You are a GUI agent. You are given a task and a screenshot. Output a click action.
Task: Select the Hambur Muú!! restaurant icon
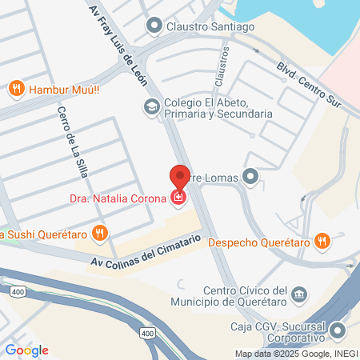15,87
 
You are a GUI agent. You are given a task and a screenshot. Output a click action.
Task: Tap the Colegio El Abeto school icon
150,106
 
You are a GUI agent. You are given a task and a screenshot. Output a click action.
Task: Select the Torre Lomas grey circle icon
252,176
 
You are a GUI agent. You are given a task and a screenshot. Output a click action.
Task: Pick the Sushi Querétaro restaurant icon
99,234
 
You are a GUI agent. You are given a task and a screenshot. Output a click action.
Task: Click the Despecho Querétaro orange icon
321,240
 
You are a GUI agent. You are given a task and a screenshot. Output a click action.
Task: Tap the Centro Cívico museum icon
299,294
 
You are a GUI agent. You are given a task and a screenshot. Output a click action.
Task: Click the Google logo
26,350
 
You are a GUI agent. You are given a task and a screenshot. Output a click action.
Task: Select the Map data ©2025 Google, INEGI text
295,354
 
